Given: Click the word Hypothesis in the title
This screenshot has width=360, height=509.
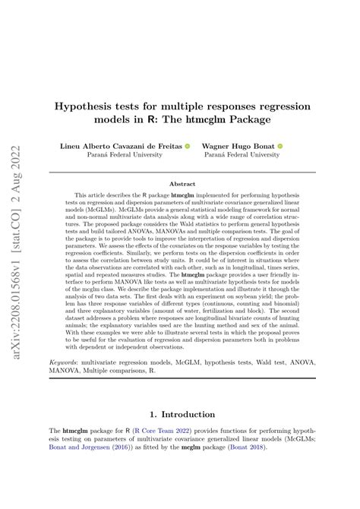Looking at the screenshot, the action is coord(86,106).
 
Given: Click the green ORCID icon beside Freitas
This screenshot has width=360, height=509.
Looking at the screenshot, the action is coord(187,145).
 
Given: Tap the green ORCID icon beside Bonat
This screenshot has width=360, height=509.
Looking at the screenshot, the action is coord(279,145).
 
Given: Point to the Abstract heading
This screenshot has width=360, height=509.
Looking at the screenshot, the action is coord(182,184).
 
